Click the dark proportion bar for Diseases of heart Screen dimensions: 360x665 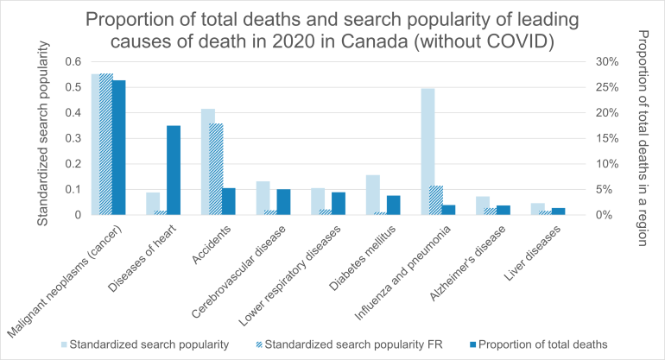pyautogui.click(x=174, y=170)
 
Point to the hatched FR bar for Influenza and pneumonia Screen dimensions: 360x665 pyautogui.click(x=437, y=199)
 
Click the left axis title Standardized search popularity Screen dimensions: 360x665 pyautogui.click(x=41, y=138)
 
